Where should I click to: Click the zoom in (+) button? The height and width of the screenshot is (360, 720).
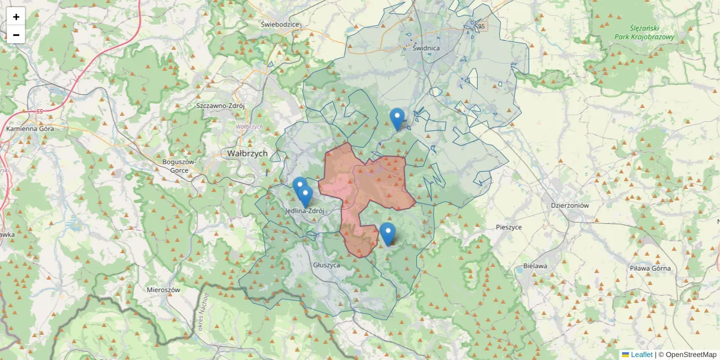pyautogui.click(x=16, y=17)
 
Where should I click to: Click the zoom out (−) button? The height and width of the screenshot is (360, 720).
pyautogui.click(x=16, y=35)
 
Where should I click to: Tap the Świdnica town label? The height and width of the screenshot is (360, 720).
pyautogui.click(x=426, y=48)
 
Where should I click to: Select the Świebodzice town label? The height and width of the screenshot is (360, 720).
pyautogui.click(x=280, y=25)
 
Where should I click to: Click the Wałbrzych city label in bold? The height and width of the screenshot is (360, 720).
pyautogui.click(x=247, y=154)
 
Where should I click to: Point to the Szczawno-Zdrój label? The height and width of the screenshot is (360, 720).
pyautogui.click(x=221, y=106)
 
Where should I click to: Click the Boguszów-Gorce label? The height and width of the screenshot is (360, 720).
pyautogui.click(x=179, y=166)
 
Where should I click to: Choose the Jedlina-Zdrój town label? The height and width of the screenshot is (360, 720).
pyautogui.click(x=305, y=211)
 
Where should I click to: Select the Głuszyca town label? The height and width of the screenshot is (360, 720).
pyautogui.click(x=327, y=265)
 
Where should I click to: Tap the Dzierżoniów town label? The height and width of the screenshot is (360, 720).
pyautogui.click(x=570, y=205)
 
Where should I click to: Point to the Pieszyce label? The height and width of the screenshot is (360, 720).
pyautogui.click(x=509, y=227)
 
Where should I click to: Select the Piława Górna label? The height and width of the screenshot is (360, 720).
pyautogui.click(x=650, y=268)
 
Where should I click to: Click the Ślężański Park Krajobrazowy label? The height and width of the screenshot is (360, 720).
pyautogui.click(x=644, y=32)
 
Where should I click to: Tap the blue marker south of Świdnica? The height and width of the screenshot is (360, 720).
pyautogui.click(x=397, y=118)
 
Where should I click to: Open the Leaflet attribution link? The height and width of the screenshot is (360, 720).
pyautogui.click(x=641, y=355)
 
